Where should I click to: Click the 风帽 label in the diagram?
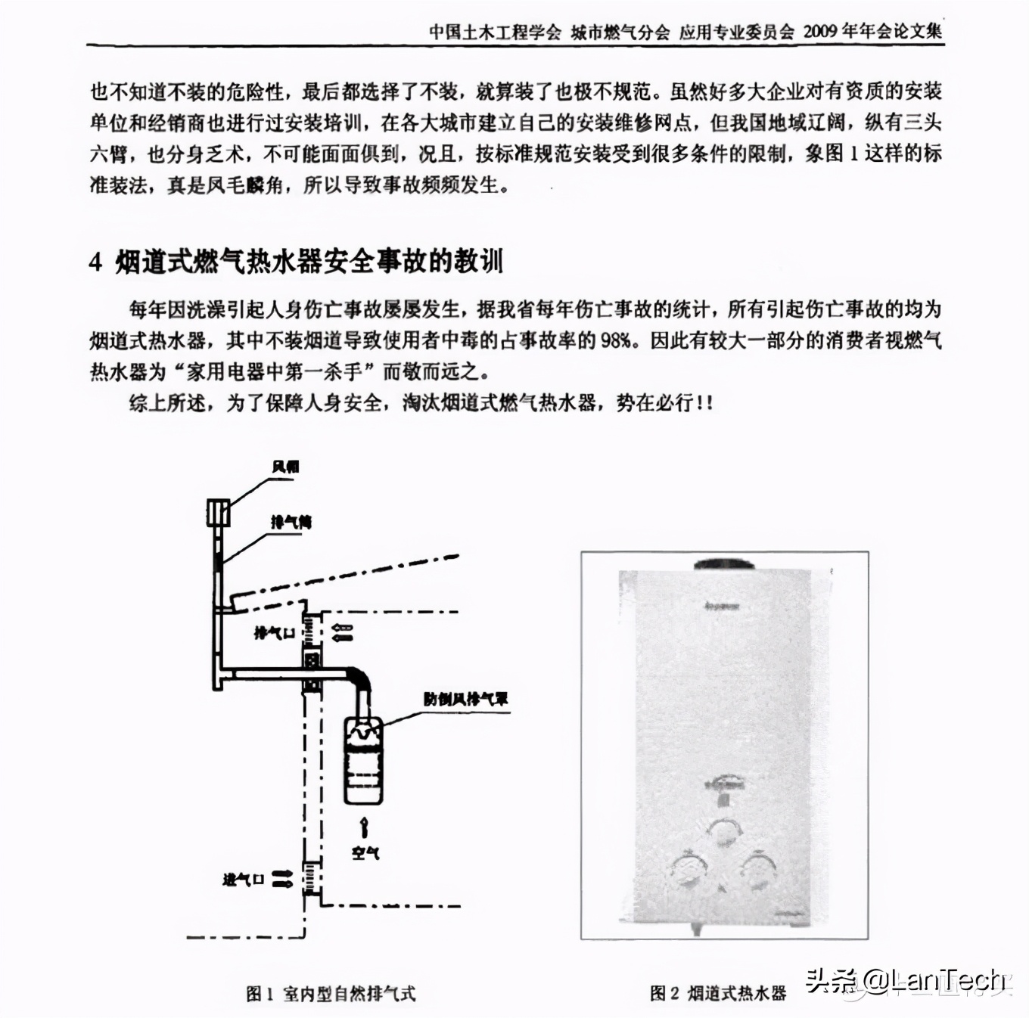[285, 467]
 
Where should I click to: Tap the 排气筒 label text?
[291, 522]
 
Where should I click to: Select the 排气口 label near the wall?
[273, 632]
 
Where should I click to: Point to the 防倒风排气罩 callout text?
[465, 699]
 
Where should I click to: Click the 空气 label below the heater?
[365, 852]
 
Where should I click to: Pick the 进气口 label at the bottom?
[243, 879]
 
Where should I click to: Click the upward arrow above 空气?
[365, 826]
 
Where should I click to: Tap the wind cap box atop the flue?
[219, 512]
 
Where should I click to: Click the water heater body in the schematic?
[363, 760]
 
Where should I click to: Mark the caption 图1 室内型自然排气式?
[331, 993]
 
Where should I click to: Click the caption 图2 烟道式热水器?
[717, 993]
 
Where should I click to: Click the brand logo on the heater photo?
[723, 606]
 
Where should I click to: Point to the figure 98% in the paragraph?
[616, 340]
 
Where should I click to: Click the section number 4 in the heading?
[95, 262]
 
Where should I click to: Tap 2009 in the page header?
[821, 31]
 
